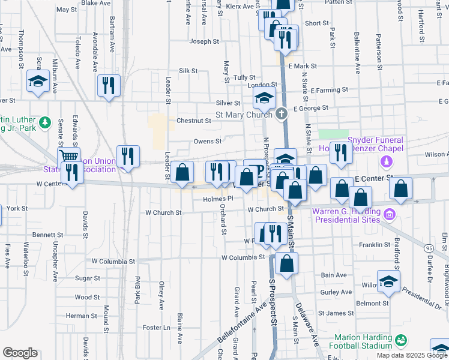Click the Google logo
[x=20, y=353]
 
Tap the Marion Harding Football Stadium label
[x=363, y=341]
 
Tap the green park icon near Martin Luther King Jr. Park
[x=44, y=123]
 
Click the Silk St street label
[x=188, y=71]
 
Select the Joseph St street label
[x=204, y=42]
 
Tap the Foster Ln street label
[x=158, y=328]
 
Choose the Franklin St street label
[x=375, y=245]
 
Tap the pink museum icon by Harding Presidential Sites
[x=389, y=213]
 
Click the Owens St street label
[x=208, y=142]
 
